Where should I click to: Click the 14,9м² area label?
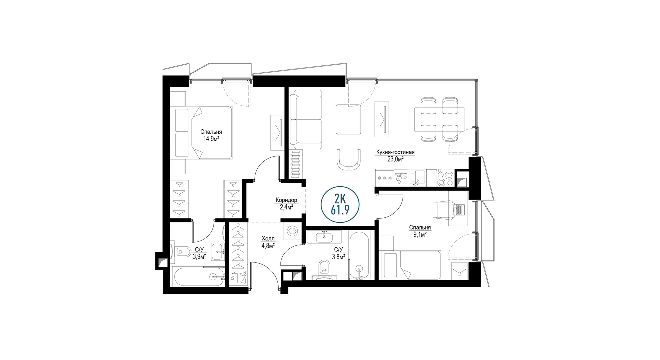pos(211,139)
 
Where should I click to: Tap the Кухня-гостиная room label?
pos(395,152)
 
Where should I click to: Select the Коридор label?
pos(286,200)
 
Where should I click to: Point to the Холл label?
pos(268,239)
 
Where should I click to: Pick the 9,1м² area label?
pos(420,234)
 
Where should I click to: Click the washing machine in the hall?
pos(292,231)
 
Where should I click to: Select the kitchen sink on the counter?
pos(417,178)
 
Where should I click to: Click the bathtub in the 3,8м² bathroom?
pos(359,255)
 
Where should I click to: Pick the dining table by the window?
pos(439,119)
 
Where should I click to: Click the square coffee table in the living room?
pos(349,119)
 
